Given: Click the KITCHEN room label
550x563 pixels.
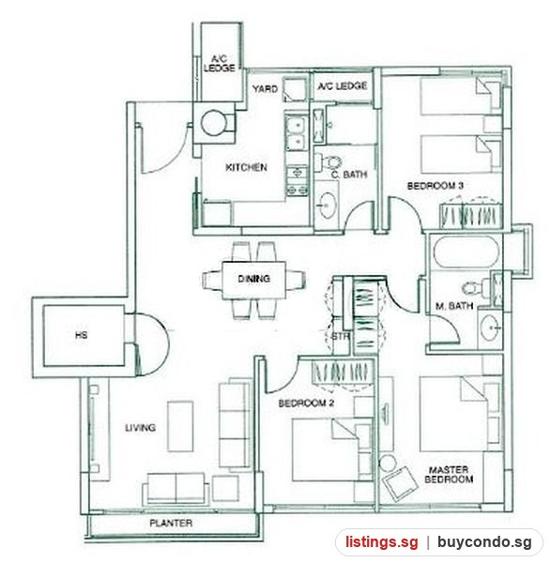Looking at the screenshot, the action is [246, 167].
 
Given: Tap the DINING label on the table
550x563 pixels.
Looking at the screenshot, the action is [254, 279].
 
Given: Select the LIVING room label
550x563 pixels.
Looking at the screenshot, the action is [140, 428].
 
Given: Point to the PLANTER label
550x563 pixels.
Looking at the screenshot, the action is [171, 523].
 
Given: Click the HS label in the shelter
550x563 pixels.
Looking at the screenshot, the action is [82, 335].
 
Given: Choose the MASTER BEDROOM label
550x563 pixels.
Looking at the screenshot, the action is [449, 474].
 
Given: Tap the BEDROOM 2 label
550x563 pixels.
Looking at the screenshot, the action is [306, 403].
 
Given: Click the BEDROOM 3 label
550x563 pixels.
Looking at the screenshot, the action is [435, 186].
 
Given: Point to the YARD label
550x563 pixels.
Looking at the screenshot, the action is [265, 89].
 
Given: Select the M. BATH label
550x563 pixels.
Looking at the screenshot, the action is [454, 306].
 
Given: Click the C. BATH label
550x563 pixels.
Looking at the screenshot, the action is [349, 175].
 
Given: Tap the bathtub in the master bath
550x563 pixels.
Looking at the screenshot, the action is [466, 251].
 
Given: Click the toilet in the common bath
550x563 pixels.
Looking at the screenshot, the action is [328, 162].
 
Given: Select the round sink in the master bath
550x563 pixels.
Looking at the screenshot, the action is [490, 327].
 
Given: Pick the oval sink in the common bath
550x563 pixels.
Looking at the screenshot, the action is [327, 205].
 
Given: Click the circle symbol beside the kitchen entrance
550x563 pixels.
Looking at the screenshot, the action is [213, 123].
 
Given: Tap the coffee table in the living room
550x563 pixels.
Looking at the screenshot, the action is [180, 426].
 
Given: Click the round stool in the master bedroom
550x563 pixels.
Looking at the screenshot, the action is [388, 464].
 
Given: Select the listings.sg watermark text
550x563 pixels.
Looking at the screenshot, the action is [382, 541].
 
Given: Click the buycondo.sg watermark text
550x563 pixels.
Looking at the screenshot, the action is [484, 542].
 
